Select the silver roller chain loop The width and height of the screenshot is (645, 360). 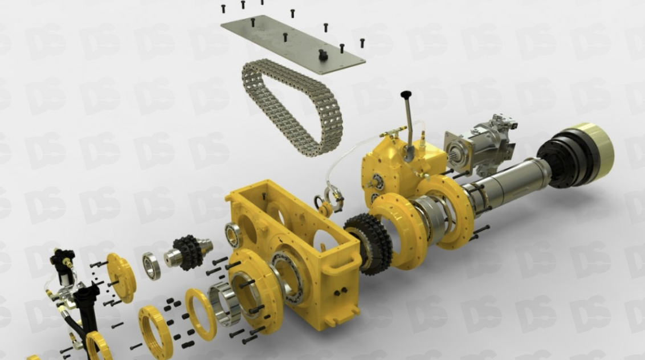[291, 108]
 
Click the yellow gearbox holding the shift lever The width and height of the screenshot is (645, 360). [399, 165]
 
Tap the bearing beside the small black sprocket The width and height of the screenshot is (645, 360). [152, 265]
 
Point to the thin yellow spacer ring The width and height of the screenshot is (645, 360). [200, 314]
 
